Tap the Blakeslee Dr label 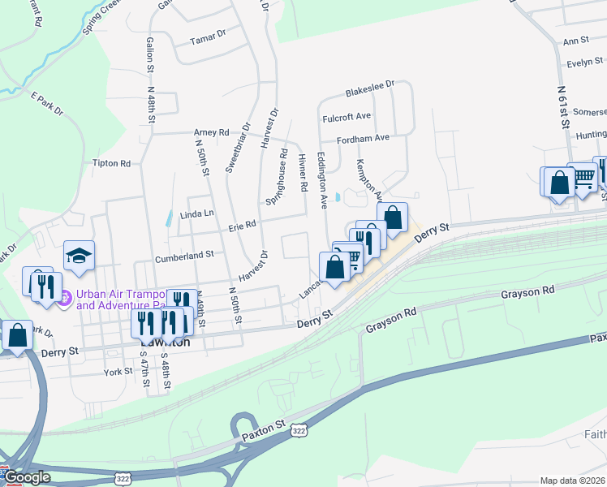pyautogui.click(x=369, y=84)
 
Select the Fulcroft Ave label pyautogui.click(x=346, y=116)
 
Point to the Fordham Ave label pyautogui.click(x=363, y=138)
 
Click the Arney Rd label pyautogui.click(x=212, y=132)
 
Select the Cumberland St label pyautogui.click(x=184, y=254)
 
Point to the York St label pyautogui.click(x=118, y=371)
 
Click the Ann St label pyautogui.click(x=575, y=40)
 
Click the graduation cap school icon pyautogui.click(x=80, y=255)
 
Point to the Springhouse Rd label pyautogui.click(x=278, y=176)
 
